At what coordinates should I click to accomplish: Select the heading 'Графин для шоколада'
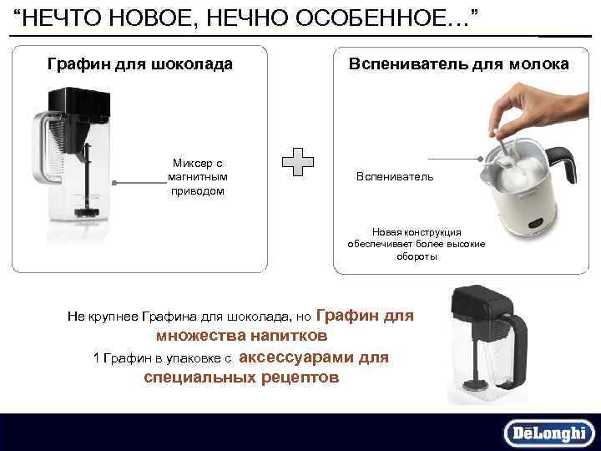point(139,63)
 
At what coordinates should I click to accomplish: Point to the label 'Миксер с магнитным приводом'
point(197,177)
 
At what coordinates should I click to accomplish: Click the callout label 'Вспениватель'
point(394,177)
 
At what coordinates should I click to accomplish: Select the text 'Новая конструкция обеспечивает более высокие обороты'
point(416,244)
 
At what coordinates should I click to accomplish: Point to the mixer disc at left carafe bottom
point(84,212)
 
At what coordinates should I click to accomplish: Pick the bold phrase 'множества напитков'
point(241,336)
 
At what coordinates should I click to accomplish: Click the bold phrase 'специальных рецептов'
point(241,378)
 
